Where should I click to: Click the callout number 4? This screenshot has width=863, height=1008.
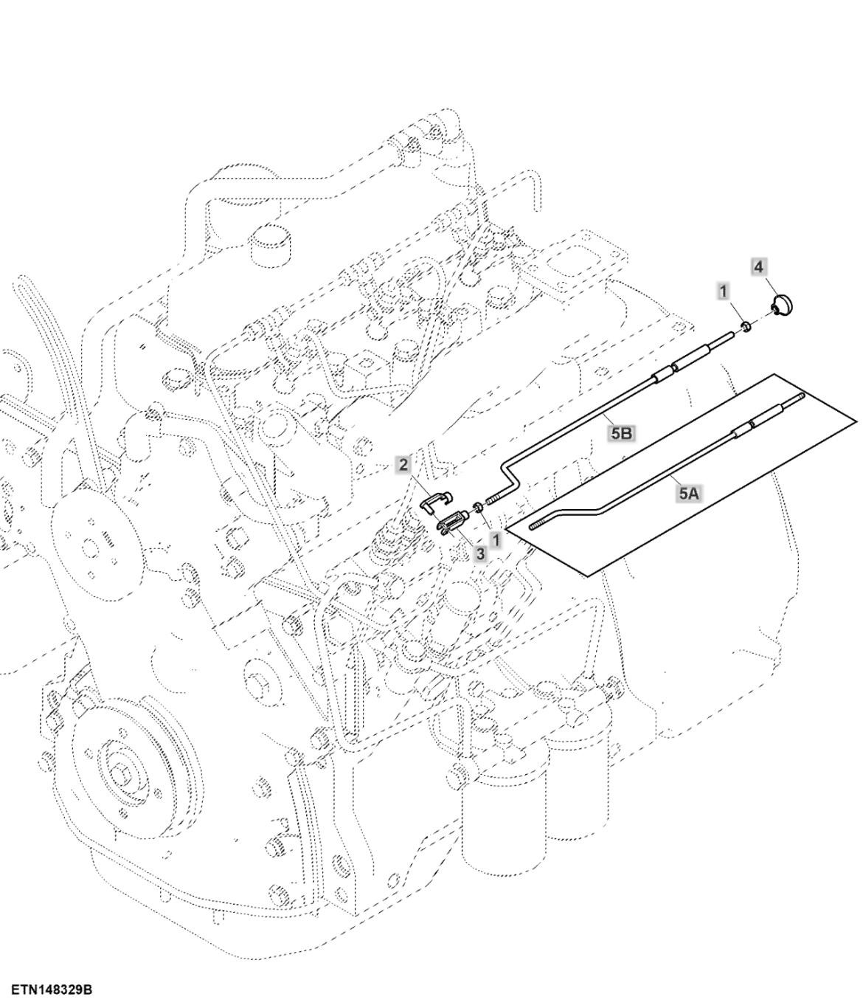pyautogui.click(x=758, y=267)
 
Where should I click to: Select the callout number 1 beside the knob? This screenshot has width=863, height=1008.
pyautogui.click(x=724, y=291)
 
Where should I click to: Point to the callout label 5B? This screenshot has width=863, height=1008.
pyautogui.click(x=621, y=433)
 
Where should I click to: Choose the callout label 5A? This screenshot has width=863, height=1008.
pyautogui.click(x=687, y=494)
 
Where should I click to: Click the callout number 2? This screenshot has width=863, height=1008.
pyautogui.click(x=403, y=464)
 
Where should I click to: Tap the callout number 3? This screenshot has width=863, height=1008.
pyautogui.click(x=480, y=553)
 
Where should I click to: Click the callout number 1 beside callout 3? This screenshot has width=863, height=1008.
pyautogui.click(x=496, y=540)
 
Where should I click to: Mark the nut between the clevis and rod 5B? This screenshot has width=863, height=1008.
pyautogui.click(x=478, y=507)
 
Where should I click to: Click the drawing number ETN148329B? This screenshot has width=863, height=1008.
pyautogui.click(x=52, y=990)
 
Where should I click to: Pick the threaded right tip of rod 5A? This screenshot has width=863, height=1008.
pyautogui.click(x=793, y=401)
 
